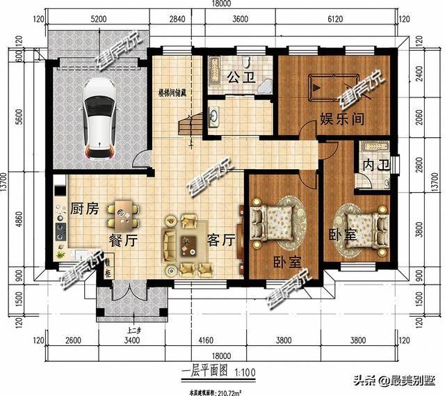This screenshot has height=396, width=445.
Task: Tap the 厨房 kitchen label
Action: click(83, 208)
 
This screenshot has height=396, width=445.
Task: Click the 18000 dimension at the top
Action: click(221, 5)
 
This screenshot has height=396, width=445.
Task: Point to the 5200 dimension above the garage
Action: click(98, 19)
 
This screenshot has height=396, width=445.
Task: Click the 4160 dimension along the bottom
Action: click(205, 341)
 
